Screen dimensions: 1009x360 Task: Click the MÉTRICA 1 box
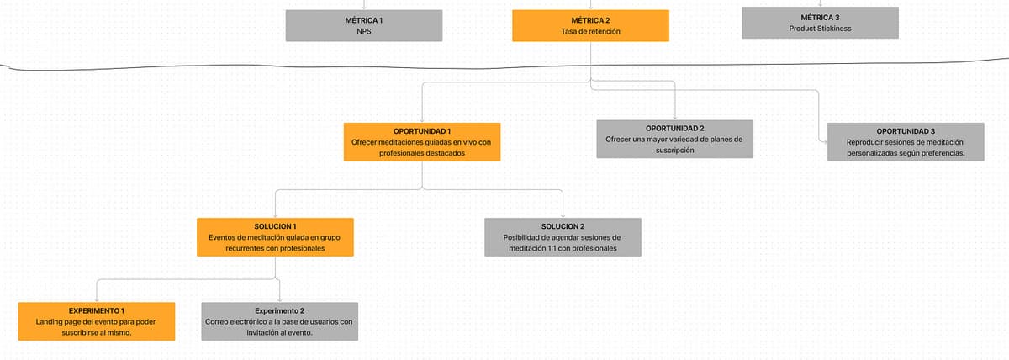coord(364,26)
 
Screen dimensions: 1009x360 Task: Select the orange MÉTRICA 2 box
coord(590,26)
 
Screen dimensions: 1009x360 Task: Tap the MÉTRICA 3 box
coord(820,23)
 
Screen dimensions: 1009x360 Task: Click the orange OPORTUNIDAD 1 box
coord(422,142)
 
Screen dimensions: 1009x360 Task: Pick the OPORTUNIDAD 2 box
coord(674,139)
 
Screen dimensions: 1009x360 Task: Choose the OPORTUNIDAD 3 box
coord(906,142)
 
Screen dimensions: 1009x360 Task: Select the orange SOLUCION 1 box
coord(275,237)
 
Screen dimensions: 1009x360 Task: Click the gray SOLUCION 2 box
coord(563,237)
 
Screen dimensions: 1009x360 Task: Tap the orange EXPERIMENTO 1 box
coord(97,321)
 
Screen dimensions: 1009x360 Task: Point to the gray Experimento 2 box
coord(280,321)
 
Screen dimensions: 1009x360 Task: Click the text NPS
coord(364,31)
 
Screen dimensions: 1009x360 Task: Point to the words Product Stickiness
coord(820,29)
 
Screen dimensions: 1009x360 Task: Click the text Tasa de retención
coord(590,31)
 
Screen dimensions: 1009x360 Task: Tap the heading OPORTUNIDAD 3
coord(906,131)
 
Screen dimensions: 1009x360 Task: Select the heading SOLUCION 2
coord(563,226)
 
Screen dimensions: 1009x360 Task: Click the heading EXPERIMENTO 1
coord(97,310)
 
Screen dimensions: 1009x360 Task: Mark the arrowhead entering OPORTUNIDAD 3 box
coord(825,142)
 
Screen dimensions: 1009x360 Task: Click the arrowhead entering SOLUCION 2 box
coord(563,216)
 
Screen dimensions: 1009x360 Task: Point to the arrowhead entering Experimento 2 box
coord(280,300)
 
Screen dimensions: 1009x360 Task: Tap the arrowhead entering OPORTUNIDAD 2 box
coord(674,118)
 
